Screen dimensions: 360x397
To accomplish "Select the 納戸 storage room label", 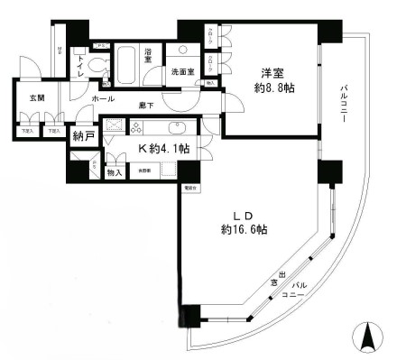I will [x=80, y=137].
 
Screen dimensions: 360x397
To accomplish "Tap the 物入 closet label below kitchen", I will [x=115, y=171].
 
